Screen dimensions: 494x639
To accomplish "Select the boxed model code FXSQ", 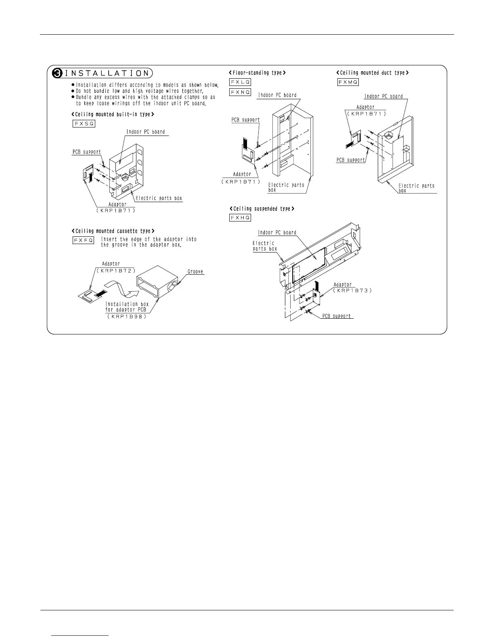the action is (84, 123).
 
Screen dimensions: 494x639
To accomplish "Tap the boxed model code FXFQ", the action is (84, 240).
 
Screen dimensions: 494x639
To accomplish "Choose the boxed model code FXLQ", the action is (240, 82).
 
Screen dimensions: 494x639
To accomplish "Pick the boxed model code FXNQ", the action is (240, 92).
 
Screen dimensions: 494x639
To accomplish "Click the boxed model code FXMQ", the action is (348, 82).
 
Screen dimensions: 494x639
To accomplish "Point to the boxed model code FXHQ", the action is (240, 218).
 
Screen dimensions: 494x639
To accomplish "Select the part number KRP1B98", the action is (127, 316).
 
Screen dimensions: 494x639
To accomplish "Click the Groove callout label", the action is (196, 271).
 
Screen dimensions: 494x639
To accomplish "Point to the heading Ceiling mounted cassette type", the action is (113, 231).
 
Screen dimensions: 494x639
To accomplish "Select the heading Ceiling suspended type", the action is (262, 209).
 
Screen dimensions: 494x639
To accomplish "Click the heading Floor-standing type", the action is (257, 73).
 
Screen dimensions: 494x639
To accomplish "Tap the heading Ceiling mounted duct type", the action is (373, 73).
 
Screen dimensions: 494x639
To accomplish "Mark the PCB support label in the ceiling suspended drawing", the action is (337, 316).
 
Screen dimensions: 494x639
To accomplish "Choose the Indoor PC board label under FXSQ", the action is (146, 132).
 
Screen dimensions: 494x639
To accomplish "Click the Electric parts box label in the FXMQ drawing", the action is (416, 188).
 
